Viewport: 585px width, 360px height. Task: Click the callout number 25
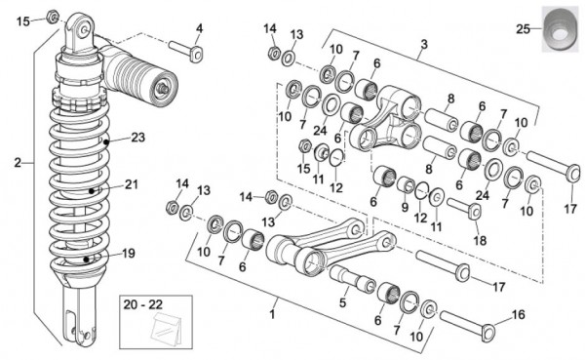pyautogui.click(x=523, y=28)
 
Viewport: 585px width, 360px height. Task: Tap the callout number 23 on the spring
pyautogui.click(x=137, y=138)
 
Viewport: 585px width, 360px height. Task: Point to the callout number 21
pyautogui.click(x=131, y=184)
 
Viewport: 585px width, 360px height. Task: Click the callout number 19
pyautogui.click(x=129, y=254)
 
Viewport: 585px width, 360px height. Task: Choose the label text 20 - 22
pyautogui.click(x=143, y=304)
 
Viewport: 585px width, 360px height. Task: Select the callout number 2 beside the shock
pyautogui.click(x=18, y=163)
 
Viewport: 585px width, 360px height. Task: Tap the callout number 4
pyautogui.click(x=199, y=28)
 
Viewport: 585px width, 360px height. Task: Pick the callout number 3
pyautogui.click(x=424, y=45)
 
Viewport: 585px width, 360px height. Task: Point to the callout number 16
pyautogui.click(x=519, y=314)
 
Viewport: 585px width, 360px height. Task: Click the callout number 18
pyautogui.click(x=480, y=241)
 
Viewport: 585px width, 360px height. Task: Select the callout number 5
pyautogui.click(x=343, y=302)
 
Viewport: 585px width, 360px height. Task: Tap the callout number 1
pyautogui.click(x=272, y=314)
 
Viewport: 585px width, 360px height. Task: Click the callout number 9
pyautogui.click(x=405, y=207)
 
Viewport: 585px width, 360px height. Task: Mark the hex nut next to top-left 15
pyautogui.click(x=53, y=18)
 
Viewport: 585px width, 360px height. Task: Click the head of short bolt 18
pyautogui.click(x=475, y=212)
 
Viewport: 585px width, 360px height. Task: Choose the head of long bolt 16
pyautogui.click(x=488, y=333)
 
